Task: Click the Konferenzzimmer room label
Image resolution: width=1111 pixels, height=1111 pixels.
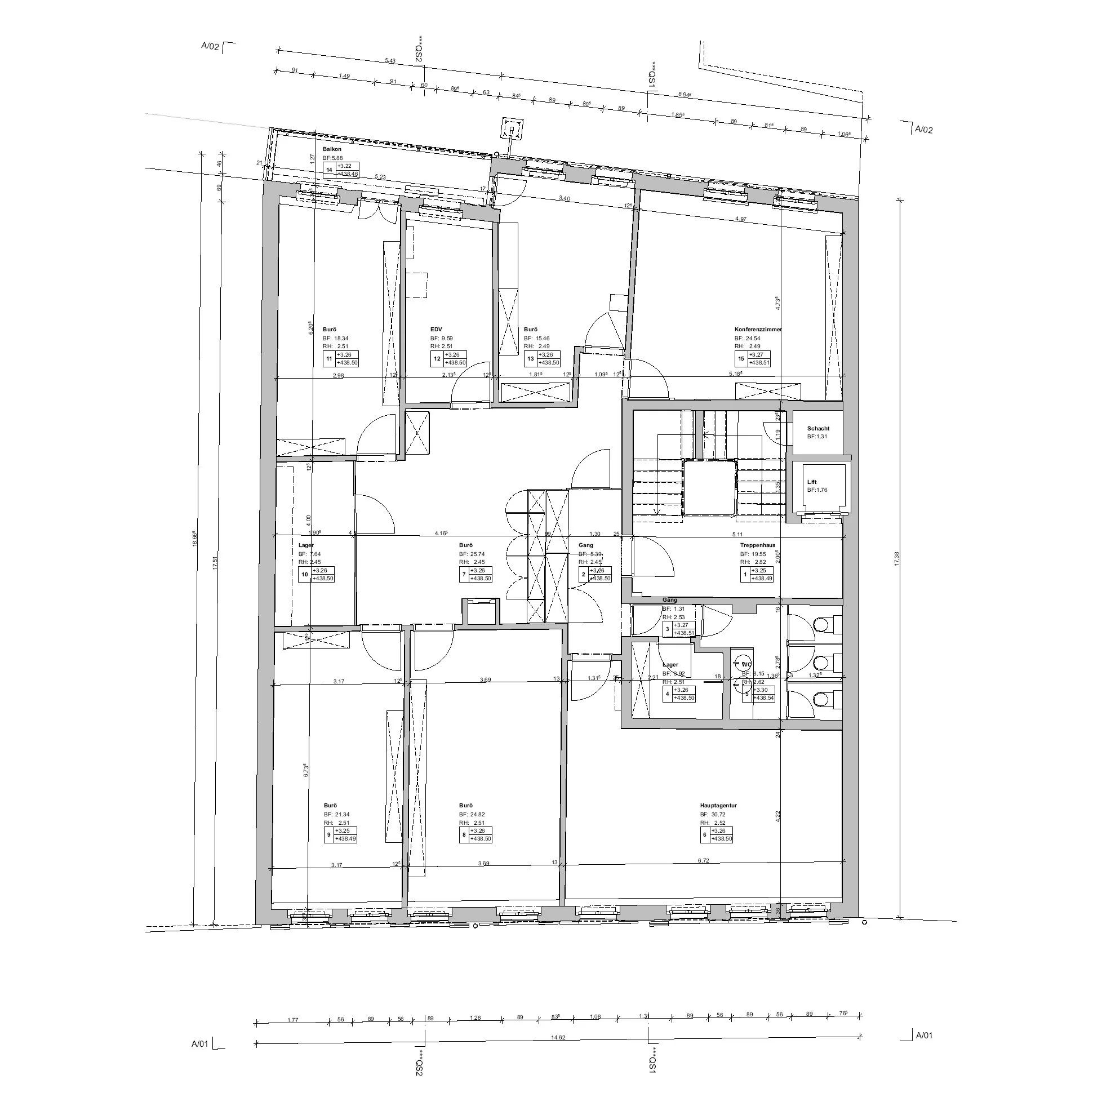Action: coord(758,330)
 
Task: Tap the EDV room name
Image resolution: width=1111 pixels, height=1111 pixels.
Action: coord(437,330)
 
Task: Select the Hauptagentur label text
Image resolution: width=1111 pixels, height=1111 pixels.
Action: coord(718,806)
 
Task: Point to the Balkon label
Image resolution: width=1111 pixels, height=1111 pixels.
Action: coord(332,149)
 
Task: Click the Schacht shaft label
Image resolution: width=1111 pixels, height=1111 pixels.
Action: coord(818,428)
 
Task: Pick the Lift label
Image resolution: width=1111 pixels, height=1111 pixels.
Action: coord(812,482)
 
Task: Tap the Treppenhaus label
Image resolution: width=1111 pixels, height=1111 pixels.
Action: coord(757,545)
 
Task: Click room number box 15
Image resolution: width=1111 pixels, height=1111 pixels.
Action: coord(741,359)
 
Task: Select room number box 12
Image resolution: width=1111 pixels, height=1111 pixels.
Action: coord(437,359)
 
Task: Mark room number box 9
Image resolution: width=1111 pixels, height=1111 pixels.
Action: coord(329,834)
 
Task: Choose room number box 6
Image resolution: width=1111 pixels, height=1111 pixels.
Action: coord(705,834)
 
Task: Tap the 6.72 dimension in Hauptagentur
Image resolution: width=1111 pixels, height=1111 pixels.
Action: coord(703,860)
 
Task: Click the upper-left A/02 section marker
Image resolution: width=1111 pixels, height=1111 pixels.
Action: coord(210,47)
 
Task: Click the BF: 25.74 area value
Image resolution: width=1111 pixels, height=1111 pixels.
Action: coord(472,554)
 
